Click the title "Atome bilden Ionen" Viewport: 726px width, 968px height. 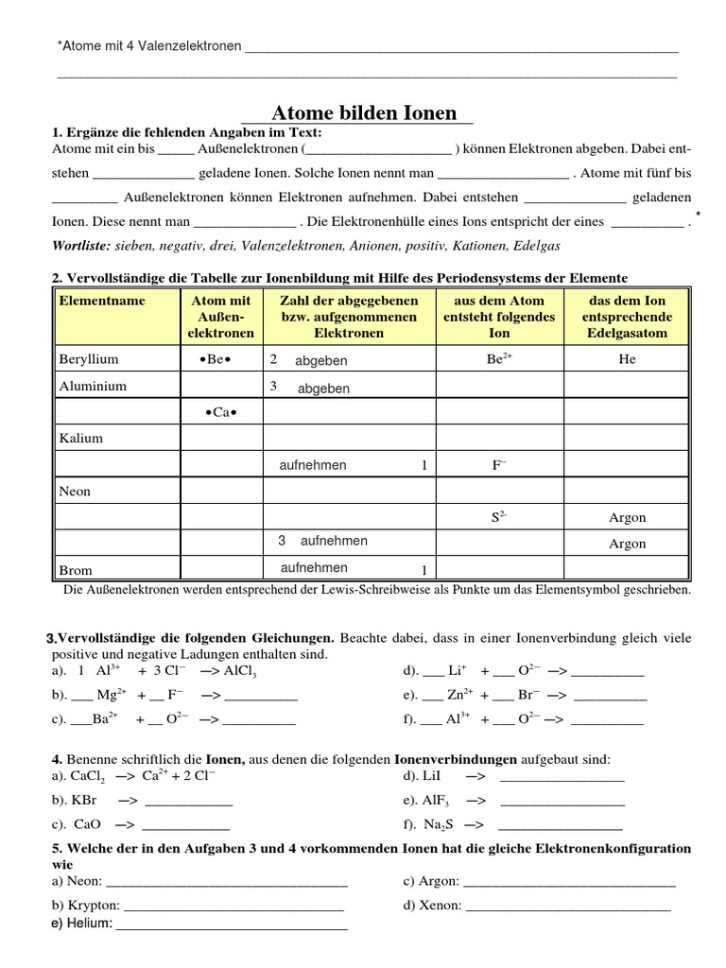[364, 112]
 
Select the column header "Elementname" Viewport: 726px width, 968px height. [102, 300]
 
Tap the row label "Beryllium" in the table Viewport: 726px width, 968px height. [89, 360]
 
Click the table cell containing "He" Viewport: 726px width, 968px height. [628, 360]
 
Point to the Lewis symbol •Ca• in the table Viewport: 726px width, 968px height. [219, 413]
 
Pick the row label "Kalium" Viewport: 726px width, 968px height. [81, 439]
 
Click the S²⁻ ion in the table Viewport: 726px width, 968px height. [499, 517]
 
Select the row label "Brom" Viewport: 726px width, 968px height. [76, 571]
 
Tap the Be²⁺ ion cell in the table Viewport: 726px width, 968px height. [499, 360]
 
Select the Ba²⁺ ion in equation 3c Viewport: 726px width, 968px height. [105, 718]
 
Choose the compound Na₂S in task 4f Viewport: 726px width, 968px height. [439, 823]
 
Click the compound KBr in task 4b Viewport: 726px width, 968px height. [84, 800]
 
